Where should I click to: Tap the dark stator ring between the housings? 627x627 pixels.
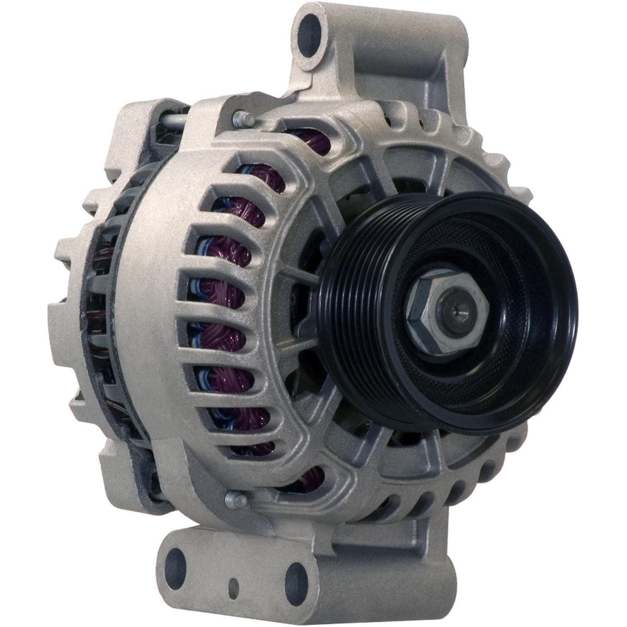113,304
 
